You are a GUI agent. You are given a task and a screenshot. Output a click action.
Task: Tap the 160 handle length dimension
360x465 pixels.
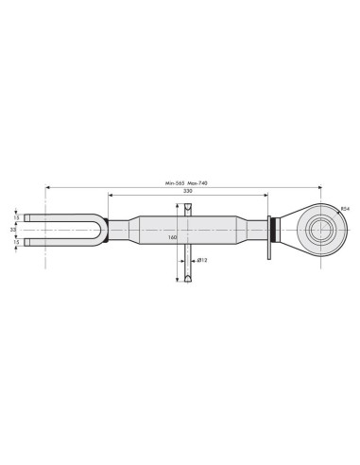click(x=173, y=238)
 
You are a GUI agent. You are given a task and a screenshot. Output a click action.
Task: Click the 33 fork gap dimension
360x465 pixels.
click(x=12, y=229)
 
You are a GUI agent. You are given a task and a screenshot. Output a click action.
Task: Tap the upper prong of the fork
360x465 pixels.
click(x=57, y=216)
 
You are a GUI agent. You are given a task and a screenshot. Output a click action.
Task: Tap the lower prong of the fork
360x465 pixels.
click(x=57, y=242)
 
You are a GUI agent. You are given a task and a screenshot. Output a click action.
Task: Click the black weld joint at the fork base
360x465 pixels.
click(x=108, y=229)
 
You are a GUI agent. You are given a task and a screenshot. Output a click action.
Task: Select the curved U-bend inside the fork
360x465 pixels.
click(x=96, y=229)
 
